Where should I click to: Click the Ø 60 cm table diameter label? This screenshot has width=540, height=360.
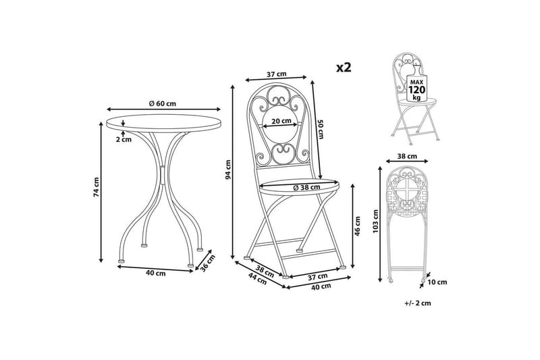coord(162,103)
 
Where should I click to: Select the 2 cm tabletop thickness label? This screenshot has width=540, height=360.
coord(124,140)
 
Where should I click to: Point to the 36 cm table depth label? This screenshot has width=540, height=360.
coord(208,263)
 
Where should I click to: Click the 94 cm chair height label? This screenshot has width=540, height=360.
coord(227,170)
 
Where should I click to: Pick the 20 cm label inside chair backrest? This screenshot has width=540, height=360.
coord(281,121)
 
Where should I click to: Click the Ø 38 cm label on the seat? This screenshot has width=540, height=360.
coord(306,187)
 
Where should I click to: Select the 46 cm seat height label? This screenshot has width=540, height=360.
coord(358,226)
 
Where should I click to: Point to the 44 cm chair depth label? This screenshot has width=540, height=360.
coord(258,279)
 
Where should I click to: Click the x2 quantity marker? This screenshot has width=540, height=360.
coord(344,68)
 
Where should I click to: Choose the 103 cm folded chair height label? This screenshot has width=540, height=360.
coord(376,221)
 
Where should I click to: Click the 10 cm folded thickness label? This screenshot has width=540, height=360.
coord(437,282)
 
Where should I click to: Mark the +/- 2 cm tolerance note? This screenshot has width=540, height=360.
coord(418,303)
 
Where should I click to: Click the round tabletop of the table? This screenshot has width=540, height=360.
coord(163,124)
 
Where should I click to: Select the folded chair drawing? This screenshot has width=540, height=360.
coord(408,225)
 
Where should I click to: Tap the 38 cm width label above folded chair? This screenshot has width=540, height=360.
coord(407,157)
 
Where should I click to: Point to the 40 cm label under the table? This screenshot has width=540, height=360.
coord(156,273)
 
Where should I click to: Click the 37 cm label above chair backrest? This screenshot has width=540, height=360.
coord(276,74)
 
